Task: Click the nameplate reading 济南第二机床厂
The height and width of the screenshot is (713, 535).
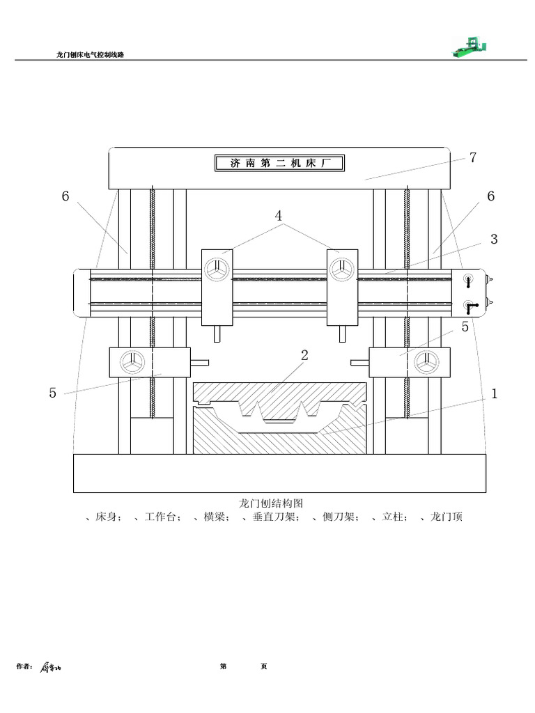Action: click(279, 163)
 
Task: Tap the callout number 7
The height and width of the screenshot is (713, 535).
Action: click(473, 157)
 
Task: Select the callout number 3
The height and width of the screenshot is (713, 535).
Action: click(494, 240)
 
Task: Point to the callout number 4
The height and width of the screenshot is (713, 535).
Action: click(279, 216)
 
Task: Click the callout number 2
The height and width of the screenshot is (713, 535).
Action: click(304, 355)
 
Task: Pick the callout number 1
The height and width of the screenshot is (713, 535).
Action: click(495, 394)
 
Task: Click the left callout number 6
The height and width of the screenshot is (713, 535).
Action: click(65, 196)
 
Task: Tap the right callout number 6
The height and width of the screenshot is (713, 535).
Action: click(491, 196)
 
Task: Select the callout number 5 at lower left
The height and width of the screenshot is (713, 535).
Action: click(53, 393)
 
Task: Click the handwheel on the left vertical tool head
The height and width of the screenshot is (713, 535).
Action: click(217, 269)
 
